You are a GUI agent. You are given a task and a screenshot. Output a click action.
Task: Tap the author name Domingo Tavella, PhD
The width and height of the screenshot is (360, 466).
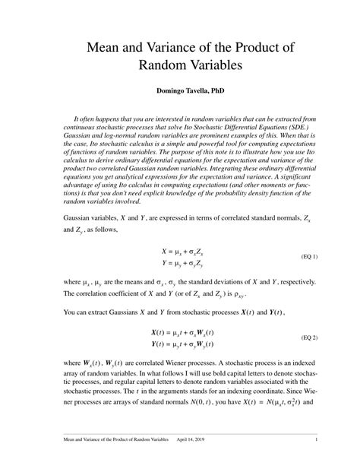180,91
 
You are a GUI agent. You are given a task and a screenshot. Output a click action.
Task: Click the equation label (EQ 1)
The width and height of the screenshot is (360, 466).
310,256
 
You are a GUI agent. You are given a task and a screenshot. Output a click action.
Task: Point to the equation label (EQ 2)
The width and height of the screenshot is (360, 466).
310,337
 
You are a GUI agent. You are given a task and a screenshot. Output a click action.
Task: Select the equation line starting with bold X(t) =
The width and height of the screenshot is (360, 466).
182,332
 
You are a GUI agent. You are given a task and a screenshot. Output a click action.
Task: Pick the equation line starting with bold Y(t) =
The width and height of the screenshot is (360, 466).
182,343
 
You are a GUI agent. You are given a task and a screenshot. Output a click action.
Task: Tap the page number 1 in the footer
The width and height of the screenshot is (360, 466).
315,439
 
